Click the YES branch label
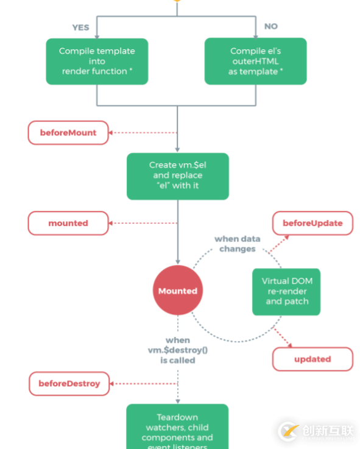pyautogui.click(x=80, y=27)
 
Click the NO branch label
pyautogui.click(x=270, y=26)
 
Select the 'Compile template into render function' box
pyautogui.click(x=97, y=62)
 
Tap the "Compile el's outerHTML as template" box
pyautogui.click(x=255, y=62)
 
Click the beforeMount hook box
pyautogui.click(x=68, y=133)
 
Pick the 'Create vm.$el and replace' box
pyautogui.click(x=177, y=175)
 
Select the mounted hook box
pyautogui.click(x=68, y=224)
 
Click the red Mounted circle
pyautogui.click(x=178, y=291)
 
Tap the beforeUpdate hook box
pyautogui.click(x=312, y=224)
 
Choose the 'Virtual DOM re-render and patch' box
pyautogui.click(x=286, y=291)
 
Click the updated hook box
pyautogui.click(x=312, y=359)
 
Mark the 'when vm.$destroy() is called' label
pyautogui.click(x=177, y=350)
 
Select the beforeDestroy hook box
pyautogui.click(x=69, y=384)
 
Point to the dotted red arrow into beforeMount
pyautogui.click(x=143, y=133)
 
